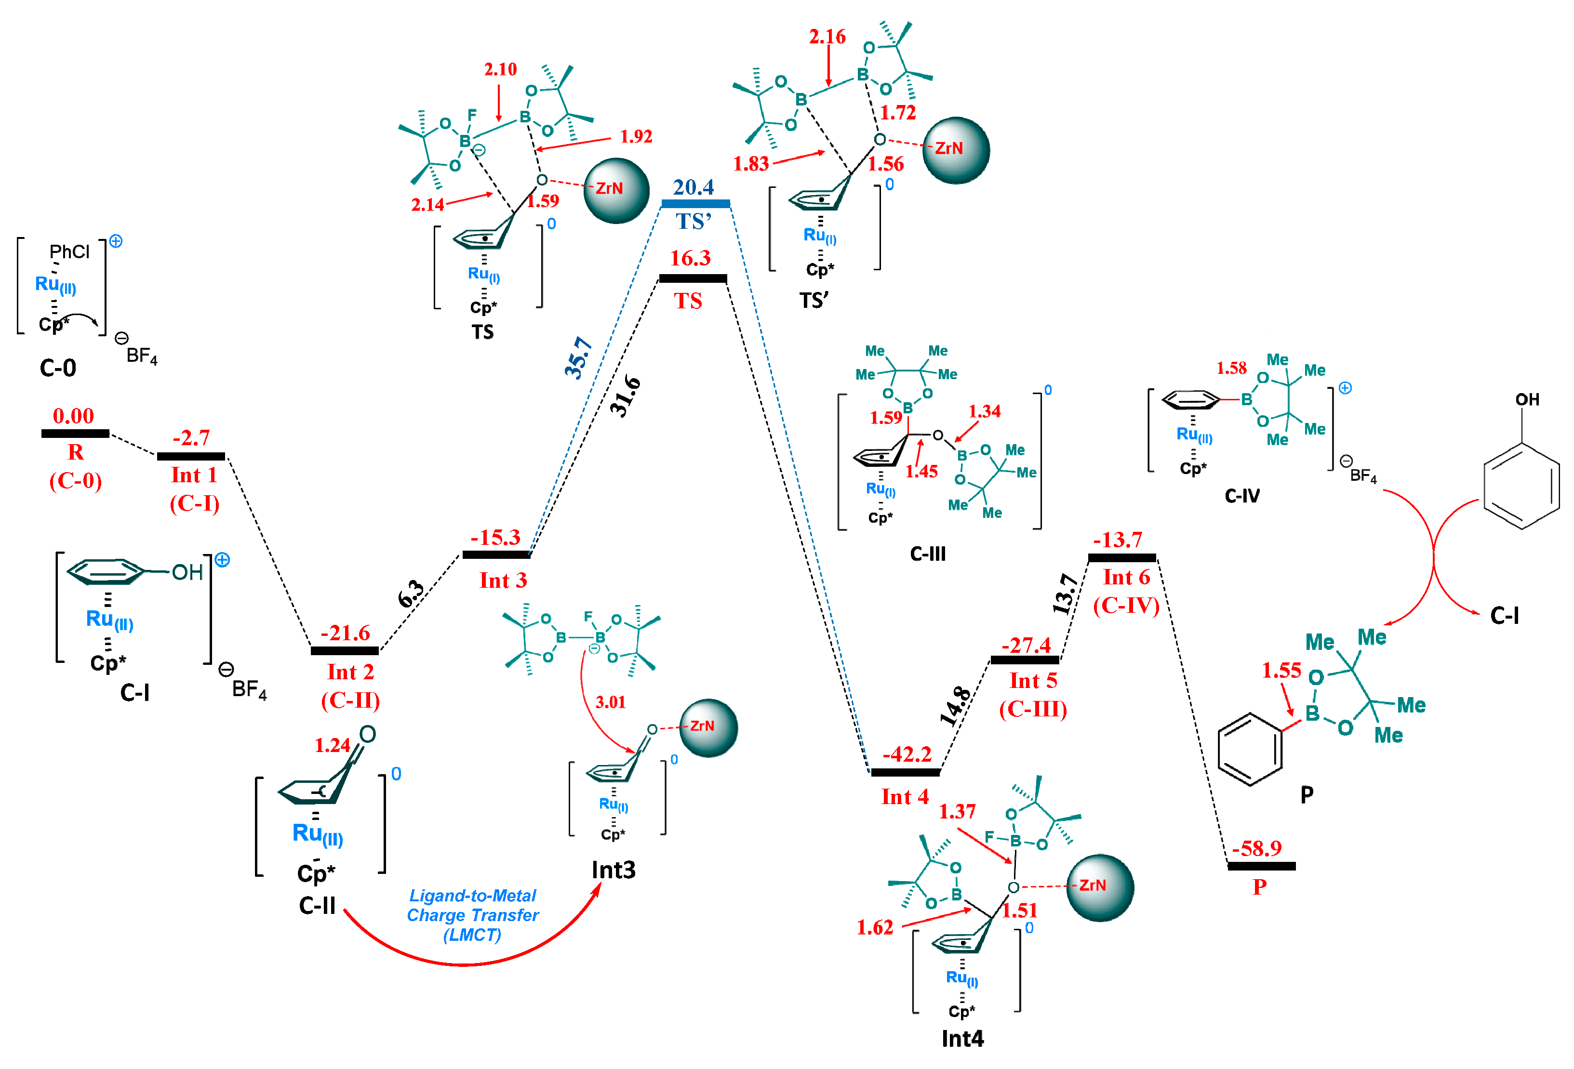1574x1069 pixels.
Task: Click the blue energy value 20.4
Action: pos(693,187)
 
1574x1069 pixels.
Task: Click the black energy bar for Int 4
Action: pos(905,772)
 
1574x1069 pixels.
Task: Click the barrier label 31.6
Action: pos(625,396)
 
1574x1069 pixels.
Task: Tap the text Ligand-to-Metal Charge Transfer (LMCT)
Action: pos(472,915)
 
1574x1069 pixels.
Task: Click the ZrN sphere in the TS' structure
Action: pos(956,150)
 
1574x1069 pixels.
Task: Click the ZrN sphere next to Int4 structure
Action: pos(1099,886)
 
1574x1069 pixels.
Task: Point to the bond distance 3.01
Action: pos(610,702)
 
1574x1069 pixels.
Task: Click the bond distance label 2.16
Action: pos(827,37)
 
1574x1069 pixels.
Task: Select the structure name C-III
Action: pos(927,554)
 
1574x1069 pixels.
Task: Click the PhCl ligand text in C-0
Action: pos(69,252)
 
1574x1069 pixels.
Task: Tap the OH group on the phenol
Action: pos(1527,399)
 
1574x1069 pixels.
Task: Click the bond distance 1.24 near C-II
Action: pos(332,745)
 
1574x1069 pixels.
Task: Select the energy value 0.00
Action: pos(73,416)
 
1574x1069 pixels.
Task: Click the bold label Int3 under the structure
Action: pos(613,869)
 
